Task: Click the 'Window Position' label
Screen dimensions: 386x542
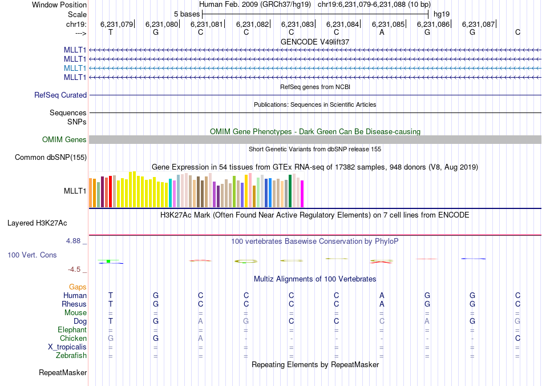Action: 59,5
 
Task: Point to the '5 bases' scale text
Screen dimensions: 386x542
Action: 187,13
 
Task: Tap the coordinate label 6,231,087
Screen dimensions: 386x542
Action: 478,24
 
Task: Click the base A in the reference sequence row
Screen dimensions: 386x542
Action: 382,32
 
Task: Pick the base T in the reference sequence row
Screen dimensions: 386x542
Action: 111,32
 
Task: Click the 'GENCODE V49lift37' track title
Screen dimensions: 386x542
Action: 315,42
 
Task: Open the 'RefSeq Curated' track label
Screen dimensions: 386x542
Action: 60,95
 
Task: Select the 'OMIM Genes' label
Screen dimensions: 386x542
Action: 64,140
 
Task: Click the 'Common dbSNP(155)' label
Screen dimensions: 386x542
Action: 51,158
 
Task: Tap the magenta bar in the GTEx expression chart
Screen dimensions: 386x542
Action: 302,194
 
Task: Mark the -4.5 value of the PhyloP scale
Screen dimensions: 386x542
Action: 75,270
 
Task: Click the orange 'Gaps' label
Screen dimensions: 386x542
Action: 78,287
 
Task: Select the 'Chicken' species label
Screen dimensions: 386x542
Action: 73,339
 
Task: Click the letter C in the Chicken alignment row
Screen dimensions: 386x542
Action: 517,339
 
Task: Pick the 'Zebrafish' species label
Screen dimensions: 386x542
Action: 72,356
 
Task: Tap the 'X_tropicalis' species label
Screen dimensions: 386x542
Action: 67,347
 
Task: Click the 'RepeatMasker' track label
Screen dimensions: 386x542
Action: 63,373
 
